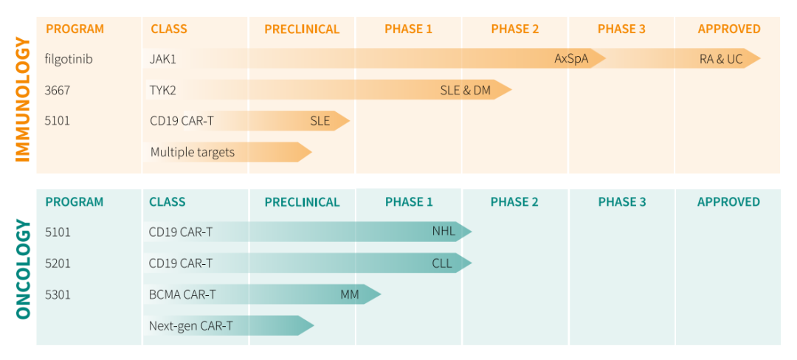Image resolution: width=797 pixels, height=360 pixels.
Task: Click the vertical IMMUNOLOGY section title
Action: pos(22,100)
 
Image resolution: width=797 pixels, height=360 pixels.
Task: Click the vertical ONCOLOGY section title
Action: pos(22,270)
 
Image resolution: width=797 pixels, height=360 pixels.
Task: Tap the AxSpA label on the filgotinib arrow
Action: pos(571,59)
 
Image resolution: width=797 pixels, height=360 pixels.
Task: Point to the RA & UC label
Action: pos(721,59)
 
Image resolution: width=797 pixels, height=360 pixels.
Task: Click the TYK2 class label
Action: pos(163,91)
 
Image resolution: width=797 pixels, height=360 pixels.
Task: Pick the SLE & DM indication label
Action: pos(465,91)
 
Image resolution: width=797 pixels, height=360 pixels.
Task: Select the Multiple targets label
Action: pos(193,153)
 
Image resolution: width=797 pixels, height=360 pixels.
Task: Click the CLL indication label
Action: pos(442,263)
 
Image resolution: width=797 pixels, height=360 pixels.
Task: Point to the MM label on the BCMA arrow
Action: pos(349,295)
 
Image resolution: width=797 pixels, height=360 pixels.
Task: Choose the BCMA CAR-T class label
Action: pos(182,295)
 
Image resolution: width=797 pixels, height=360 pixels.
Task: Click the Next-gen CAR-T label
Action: pos(191,326)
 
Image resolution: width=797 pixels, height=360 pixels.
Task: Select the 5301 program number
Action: pos(58,295)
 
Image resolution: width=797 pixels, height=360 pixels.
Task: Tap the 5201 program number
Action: pos(58,263)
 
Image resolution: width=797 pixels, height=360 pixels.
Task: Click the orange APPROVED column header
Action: pos(728,30)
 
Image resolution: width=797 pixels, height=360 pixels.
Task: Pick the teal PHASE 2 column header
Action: pos(514,202)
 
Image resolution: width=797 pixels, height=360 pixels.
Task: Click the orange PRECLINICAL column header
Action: pos(302,30)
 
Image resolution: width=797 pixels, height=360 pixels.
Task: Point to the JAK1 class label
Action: pos(163,59)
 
